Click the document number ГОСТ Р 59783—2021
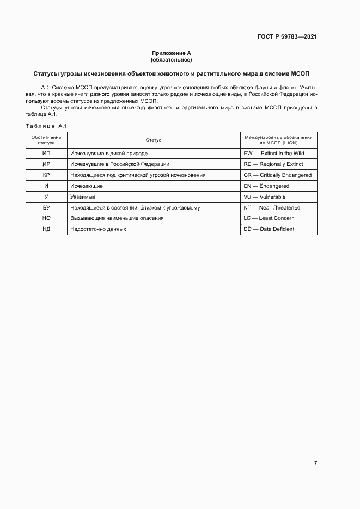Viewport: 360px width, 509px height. (x=286, y=37)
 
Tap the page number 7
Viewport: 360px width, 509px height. (x=315, y=463)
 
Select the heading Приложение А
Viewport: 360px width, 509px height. (x=172, y=53)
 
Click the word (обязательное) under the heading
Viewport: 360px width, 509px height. (x=172, y=59)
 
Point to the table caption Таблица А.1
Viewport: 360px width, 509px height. (x=46, y=126)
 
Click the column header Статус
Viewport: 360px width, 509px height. (x=154, y=140)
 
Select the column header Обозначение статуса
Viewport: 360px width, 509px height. (x=46, y=140)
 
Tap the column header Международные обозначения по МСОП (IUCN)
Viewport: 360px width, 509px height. (x=278, y=140)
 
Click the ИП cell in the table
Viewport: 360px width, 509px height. (x=46, y=154)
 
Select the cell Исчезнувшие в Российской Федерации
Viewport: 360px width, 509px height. (x=120, y=164)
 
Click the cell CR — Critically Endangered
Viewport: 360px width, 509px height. (x=278, y=175)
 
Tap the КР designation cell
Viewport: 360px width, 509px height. (x=46, y=175)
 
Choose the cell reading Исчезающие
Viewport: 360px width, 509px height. (x=87, y=186)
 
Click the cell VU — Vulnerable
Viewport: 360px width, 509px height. (x=265, y=197)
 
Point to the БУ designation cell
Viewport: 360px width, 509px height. (x=46, y=207)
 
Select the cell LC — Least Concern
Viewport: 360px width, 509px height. (x=269, y=218)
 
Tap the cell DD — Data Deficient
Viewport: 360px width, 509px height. (x=269, y=229)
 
